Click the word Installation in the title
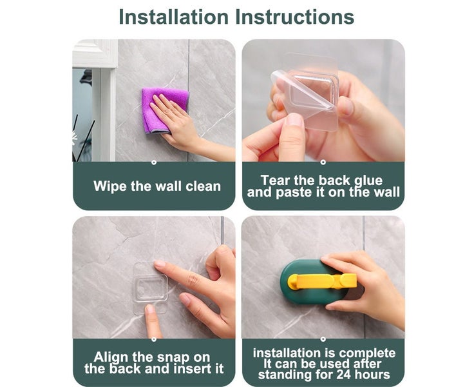click(x=173, y=17)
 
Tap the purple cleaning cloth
click(x=165, y=110)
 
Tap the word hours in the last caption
click(x=372, y=375)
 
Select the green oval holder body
click(x=314, y=282)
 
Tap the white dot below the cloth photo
click(x=154, y=163)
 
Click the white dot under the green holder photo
click(x=323, y=339)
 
